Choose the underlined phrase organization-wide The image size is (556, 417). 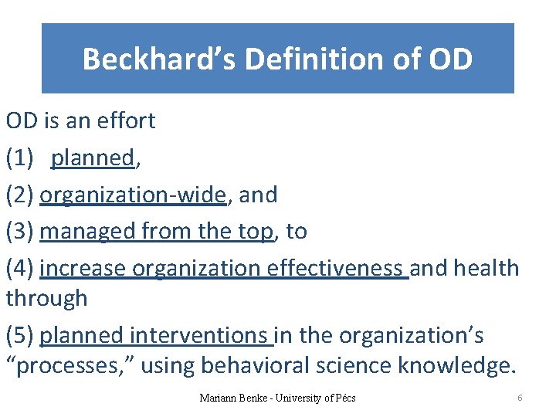click(x=133, y=195)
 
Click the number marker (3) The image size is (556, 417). click(x=19, y=231)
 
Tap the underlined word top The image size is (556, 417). click(x=253, y=231)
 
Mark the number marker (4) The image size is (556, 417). click(x=19, y=268)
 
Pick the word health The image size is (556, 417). click(x=486, y=268)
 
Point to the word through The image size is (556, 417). click(x=46, y=298)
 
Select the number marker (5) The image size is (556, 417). click(x=19, y=335)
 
